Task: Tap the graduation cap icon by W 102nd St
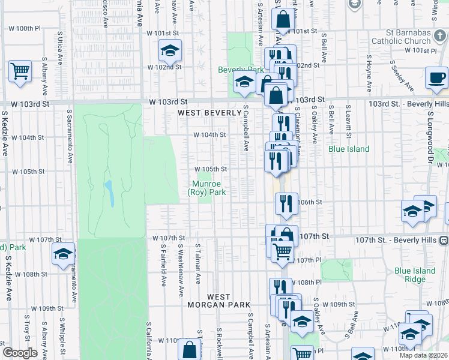coord(170,50)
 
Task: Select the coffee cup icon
coord(436,77)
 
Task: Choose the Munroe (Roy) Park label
coord(206,188)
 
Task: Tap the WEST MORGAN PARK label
coord(228,301)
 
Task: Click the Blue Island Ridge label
coord(415,275)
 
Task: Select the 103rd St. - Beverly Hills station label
coord(408,103)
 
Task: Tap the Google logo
coord(20,353)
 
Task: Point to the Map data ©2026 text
coord(424,355)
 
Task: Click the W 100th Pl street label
coord(25,28)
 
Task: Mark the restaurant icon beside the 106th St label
coord(286,202)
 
